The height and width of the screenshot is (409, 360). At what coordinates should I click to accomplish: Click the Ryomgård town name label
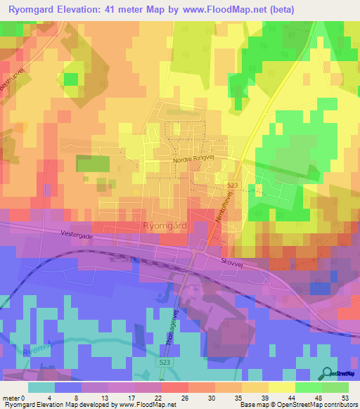coord(165,226)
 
